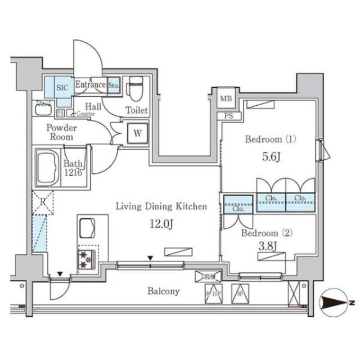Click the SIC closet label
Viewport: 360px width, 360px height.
point(60,88)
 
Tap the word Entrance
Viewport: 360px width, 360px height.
point(90,85)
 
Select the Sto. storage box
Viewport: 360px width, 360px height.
point(114,85)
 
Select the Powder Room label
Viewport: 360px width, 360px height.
point(61,133)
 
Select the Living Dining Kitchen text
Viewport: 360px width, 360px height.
point(161,207)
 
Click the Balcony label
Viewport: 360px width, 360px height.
point(164,291)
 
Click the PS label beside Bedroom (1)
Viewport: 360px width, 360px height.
point(228,116)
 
